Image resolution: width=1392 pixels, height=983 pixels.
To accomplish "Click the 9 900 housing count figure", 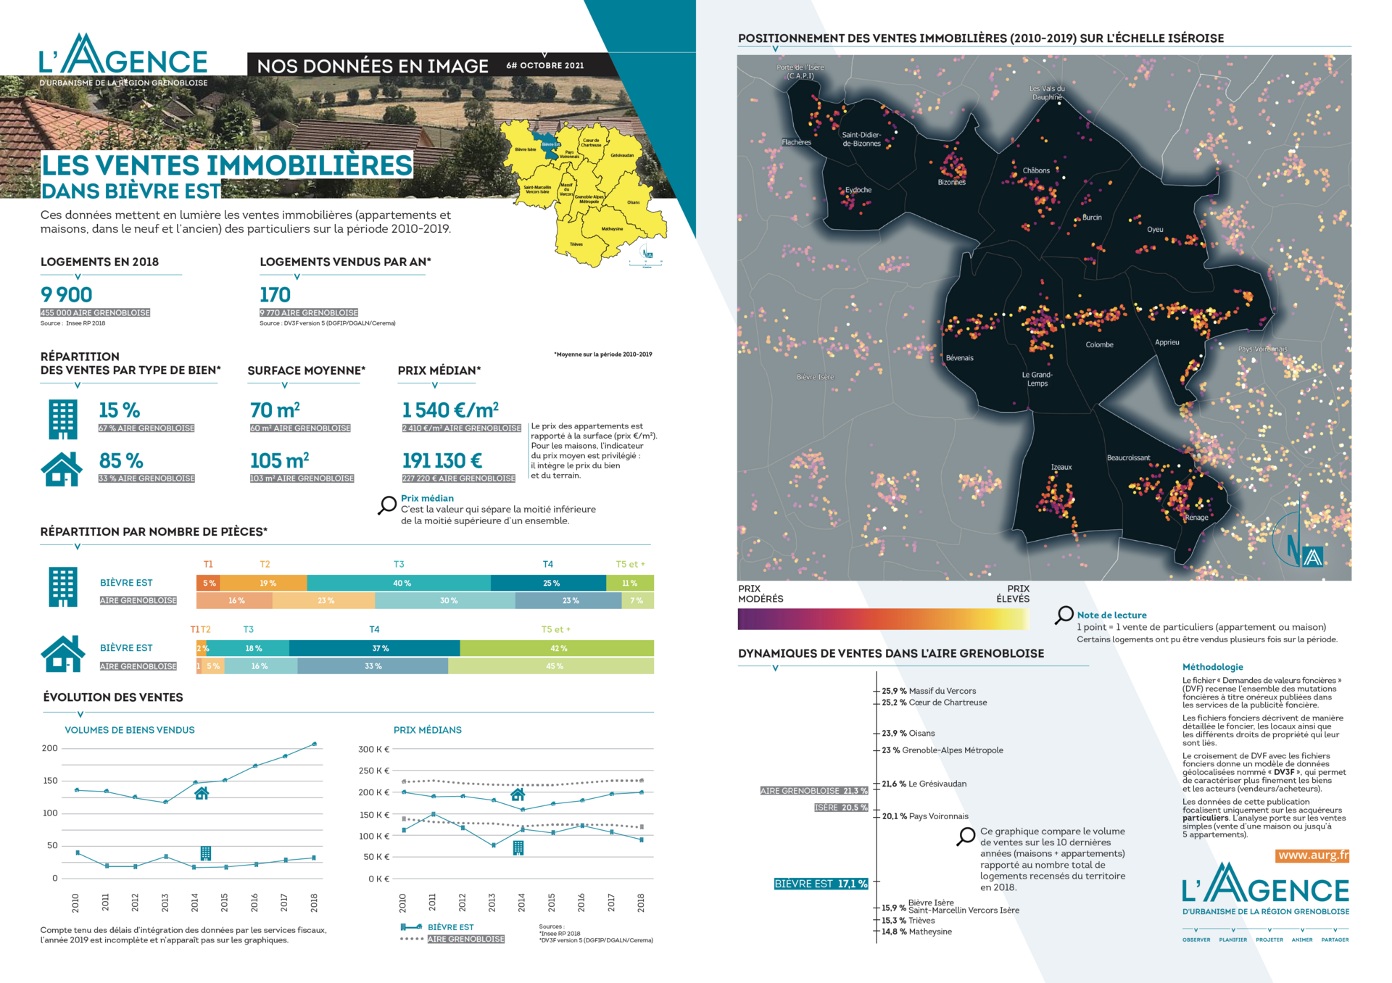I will click(x=67, y=295).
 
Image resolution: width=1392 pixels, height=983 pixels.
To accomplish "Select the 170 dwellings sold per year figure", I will click(x=275, y=295).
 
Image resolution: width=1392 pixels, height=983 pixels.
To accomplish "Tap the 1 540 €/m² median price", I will click(x=450, y=410).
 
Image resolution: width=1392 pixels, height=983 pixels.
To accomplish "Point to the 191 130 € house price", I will click(x=442, y=461).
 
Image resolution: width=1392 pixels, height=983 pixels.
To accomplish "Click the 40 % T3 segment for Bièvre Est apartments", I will click(x=402, y=584).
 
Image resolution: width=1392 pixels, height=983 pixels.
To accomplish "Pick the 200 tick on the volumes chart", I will click(x=50, y=749).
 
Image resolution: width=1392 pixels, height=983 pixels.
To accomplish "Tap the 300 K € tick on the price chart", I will click(x=374, y=750).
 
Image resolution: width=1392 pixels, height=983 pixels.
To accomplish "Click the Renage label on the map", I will click(x=1196, y=518).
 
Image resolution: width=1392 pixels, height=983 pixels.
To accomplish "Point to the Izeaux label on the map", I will click(x=1061, y=468).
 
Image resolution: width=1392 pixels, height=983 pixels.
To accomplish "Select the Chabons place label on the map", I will click(x=1036, y=171).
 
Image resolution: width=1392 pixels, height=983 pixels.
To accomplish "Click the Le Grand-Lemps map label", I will click(x=1037, y=379).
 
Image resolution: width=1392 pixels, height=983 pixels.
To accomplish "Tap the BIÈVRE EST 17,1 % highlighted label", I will click(x=821, y=884).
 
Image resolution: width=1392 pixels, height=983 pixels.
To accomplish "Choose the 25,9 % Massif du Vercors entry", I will click(x=929, y=692).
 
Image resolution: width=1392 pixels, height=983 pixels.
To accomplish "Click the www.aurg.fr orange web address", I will click(x=1313, y=855).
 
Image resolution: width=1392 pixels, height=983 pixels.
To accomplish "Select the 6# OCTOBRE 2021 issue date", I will click(x=545, y=66).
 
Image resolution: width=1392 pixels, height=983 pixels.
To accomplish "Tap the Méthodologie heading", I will click(x=1212, y=668).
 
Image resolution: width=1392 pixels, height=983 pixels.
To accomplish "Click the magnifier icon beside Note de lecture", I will click(x=1064, y=615).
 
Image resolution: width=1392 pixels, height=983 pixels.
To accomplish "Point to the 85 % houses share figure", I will click(x=121, y=461).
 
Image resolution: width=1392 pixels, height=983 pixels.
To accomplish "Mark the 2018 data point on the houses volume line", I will click(x=314, y=744).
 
